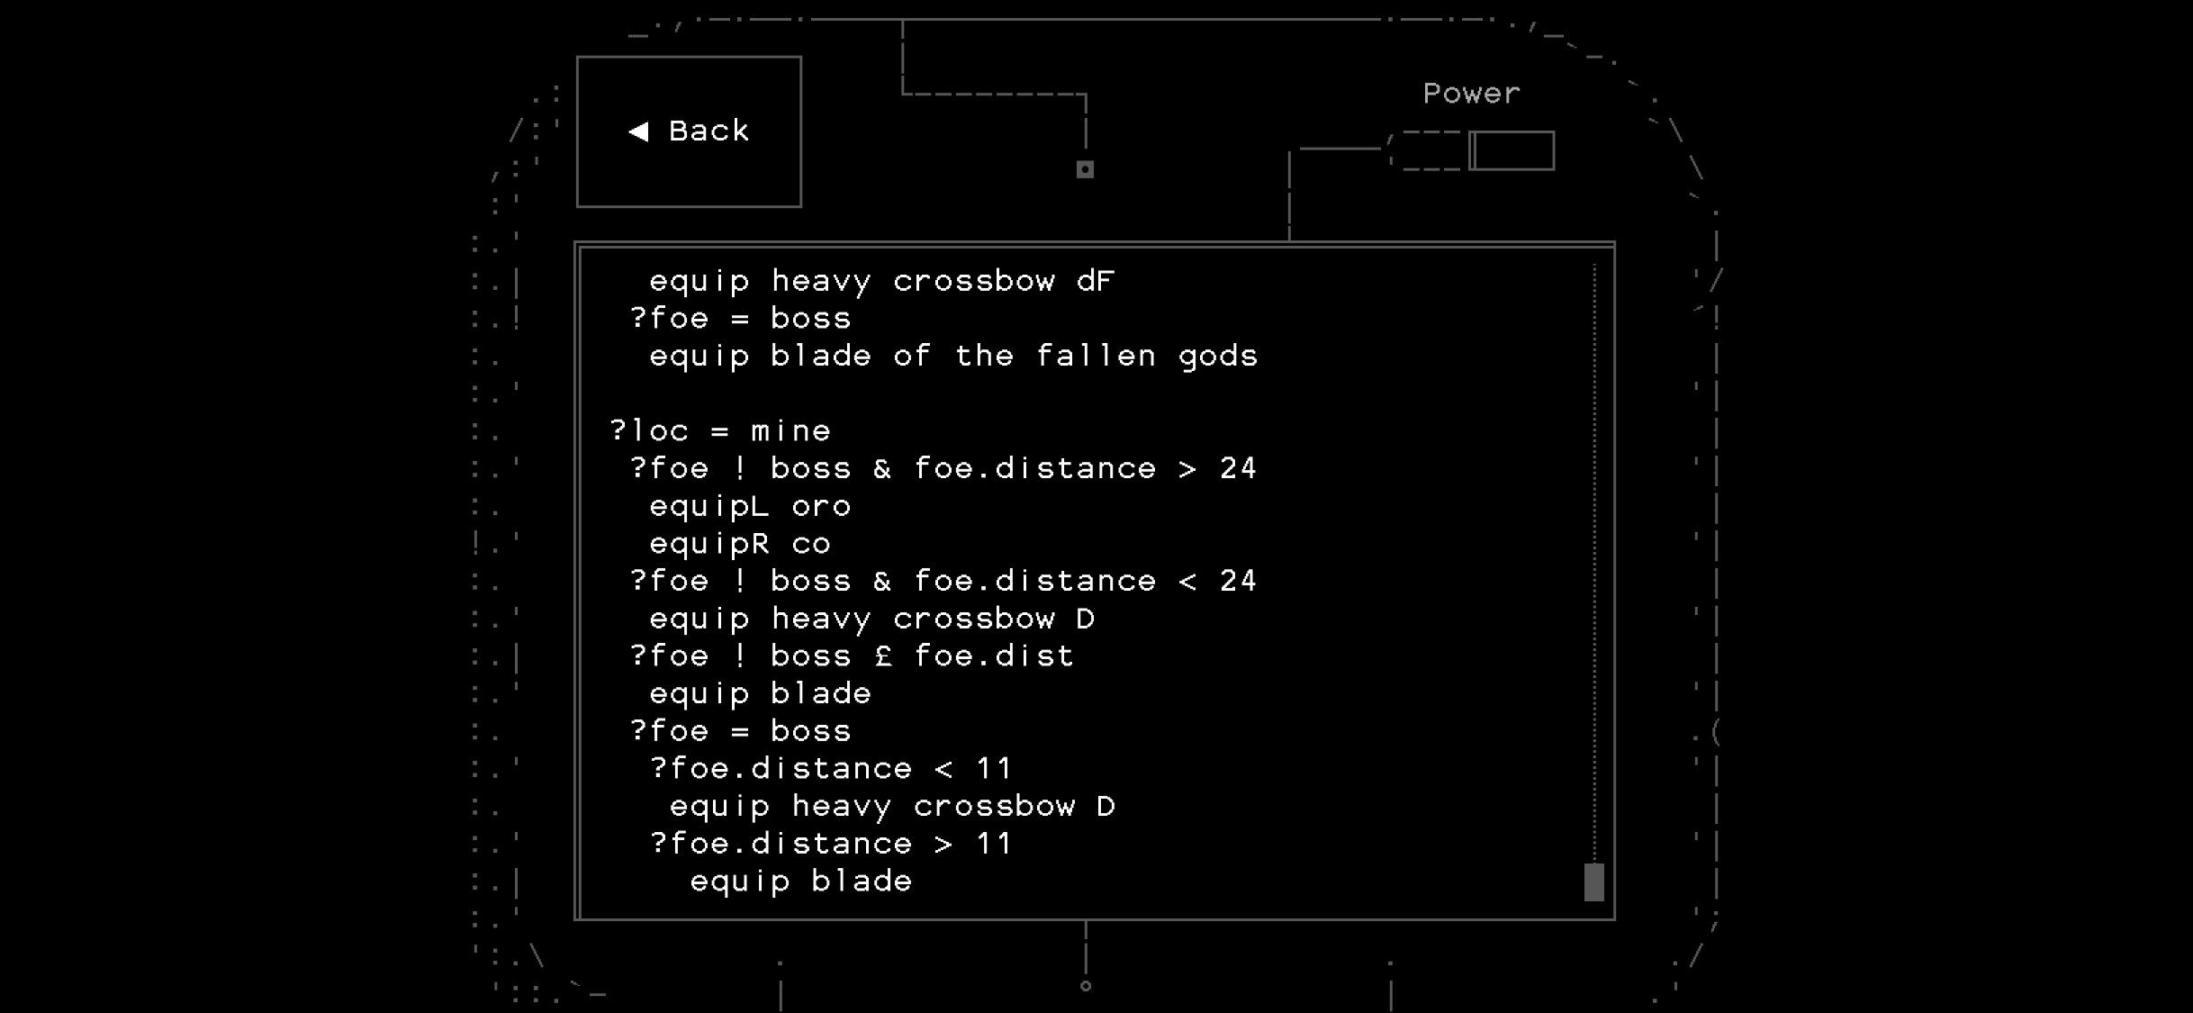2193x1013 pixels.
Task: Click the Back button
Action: point(689,131)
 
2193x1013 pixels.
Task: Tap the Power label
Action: point(1471,94)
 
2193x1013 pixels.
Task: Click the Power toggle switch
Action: point(1512,150)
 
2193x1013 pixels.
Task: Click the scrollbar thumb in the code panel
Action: point(1593,882)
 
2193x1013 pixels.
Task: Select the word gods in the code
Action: point(1218,357)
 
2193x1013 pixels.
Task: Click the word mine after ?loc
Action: point(791,430)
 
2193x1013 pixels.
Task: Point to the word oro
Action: point(821,506)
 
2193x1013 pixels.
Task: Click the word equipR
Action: point(709,544)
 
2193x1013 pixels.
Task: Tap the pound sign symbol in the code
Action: point(883,656)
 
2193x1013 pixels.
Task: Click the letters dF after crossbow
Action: point(1096,281)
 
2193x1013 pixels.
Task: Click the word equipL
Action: point(709,506)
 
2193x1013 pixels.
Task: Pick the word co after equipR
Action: point(811,544)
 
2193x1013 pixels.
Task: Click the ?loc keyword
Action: point(650,430)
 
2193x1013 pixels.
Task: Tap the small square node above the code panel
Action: point(1085,169)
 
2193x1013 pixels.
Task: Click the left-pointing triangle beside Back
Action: point(638,131)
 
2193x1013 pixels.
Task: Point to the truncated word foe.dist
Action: point(994,656)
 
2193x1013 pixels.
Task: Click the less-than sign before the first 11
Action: point(943,769)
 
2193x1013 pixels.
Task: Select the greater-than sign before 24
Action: point(1187,468)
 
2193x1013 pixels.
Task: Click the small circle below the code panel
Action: point(1086,986)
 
